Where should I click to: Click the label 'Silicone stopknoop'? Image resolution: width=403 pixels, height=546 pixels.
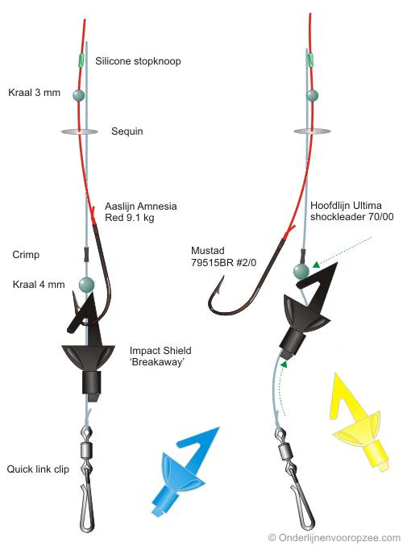coord(138,61)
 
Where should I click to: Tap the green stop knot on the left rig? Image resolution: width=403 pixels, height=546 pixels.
coord(81,60)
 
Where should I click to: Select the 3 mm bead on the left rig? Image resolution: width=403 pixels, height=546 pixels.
coord(79,95)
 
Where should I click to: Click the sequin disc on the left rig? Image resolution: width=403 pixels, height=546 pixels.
coord(80,131)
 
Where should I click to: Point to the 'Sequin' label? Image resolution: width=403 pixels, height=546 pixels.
coord(127,131)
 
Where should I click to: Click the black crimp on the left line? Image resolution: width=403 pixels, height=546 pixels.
coord(86,254)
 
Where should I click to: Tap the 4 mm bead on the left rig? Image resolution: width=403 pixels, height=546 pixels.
coord(87,285)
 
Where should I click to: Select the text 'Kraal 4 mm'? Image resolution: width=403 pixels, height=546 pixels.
coord(39,285)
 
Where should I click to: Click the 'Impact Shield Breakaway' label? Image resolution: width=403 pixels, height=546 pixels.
coord(160,356)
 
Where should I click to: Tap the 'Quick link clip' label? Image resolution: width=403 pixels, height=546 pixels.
coord(38,469)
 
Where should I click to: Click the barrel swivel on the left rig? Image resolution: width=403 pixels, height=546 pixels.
coord(86,451)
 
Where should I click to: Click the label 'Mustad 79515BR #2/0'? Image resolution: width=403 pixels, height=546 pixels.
coord(223,256)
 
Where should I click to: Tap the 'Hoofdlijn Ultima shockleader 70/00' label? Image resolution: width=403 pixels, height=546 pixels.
coord(352,211)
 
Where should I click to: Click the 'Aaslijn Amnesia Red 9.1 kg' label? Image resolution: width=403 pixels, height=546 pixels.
coord(141,212)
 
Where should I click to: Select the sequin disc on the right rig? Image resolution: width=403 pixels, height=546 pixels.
coord(312,131)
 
